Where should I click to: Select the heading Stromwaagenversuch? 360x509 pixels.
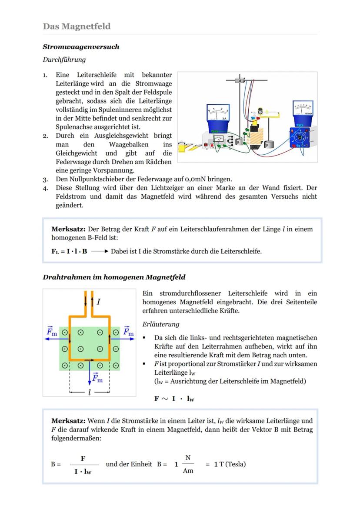(x=81, y=47)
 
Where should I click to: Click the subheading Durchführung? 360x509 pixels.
(x=64, y=60)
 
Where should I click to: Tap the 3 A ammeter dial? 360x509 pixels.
(x=218, y=113)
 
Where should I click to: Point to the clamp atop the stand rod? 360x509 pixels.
(x=240, y=80)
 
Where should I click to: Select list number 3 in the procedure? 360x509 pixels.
(x=45, y=179)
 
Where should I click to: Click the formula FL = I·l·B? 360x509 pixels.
(x=69, y=251)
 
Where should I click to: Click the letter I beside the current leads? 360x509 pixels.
(x=99, y=301)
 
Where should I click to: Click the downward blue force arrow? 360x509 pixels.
(x=90, y=373)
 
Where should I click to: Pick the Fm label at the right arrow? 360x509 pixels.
(x=128, y=332)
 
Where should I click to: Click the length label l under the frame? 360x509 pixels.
(x=90, y=392)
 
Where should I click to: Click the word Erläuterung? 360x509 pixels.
(x=160, y=324)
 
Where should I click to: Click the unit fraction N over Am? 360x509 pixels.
(x=188, y=464)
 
